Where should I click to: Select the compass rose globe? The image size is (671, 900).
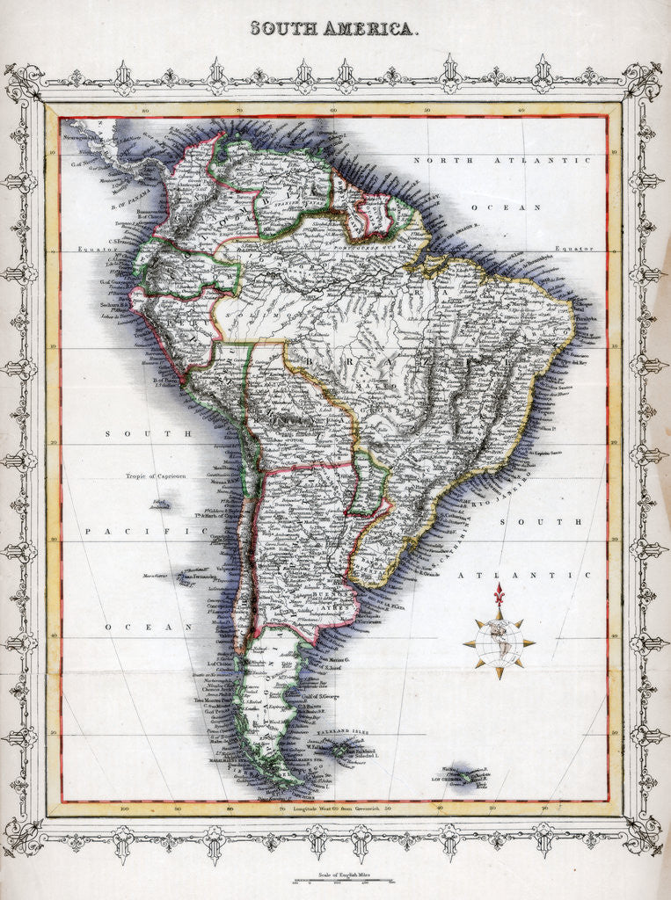point(499,642)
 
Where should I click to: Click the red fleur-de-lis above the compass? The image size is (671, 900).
point(500,594)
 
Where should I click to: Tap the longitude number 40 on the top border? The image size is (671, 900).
point(521,110)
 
